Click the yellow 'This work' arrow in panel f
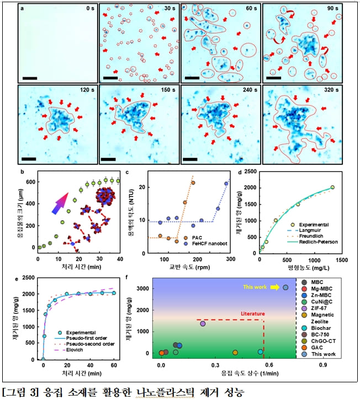tap(275, 287)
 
